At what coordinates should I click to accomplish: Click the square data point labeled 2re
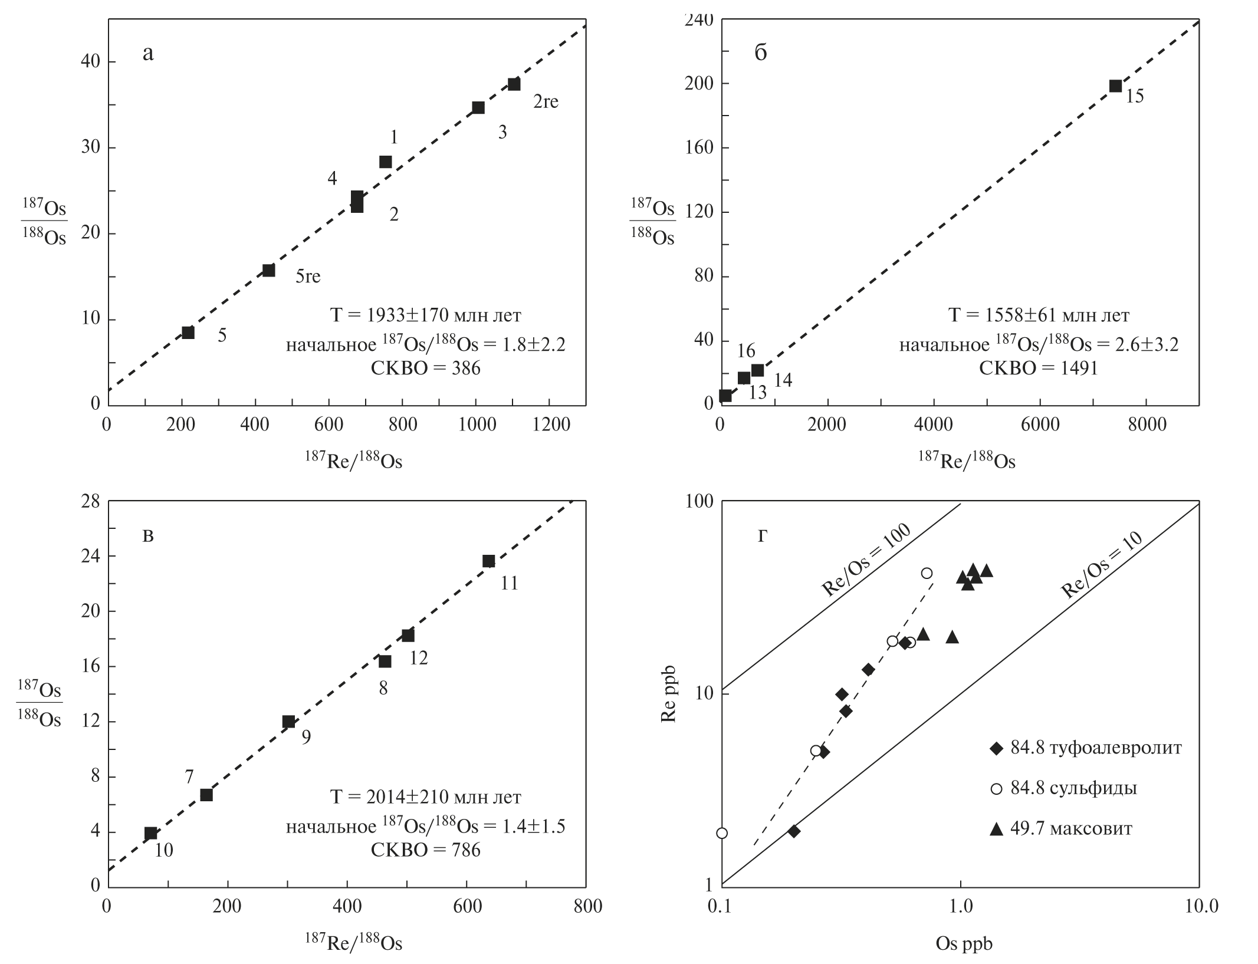(514, 84)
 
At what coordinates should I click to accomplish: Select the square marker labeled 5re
(268, 271)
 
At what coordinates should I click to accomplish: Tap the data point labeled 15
(1115, 86)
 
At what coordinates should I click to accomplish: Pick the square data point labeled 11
(488, 561)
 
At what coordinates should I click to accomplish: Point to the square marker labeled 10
(151, 833)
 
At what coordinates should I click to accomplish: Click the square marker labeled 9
(288, 722)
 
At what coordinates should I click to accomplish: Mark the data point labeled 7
(206, 795)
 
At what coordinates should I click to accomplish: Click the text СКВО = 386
(425, 369)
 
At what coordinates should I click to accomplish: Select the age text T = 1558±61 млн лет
(1038, 315)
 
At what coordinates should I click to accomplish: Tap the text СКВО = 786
(425, 850)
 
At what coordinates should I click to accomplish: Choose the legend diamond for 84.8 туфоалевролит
(997, 748)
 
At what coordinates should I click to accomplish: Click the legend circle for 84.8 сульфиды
(997, 789)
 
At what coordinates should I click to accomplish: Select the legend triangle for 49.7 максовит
(997, 829)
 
